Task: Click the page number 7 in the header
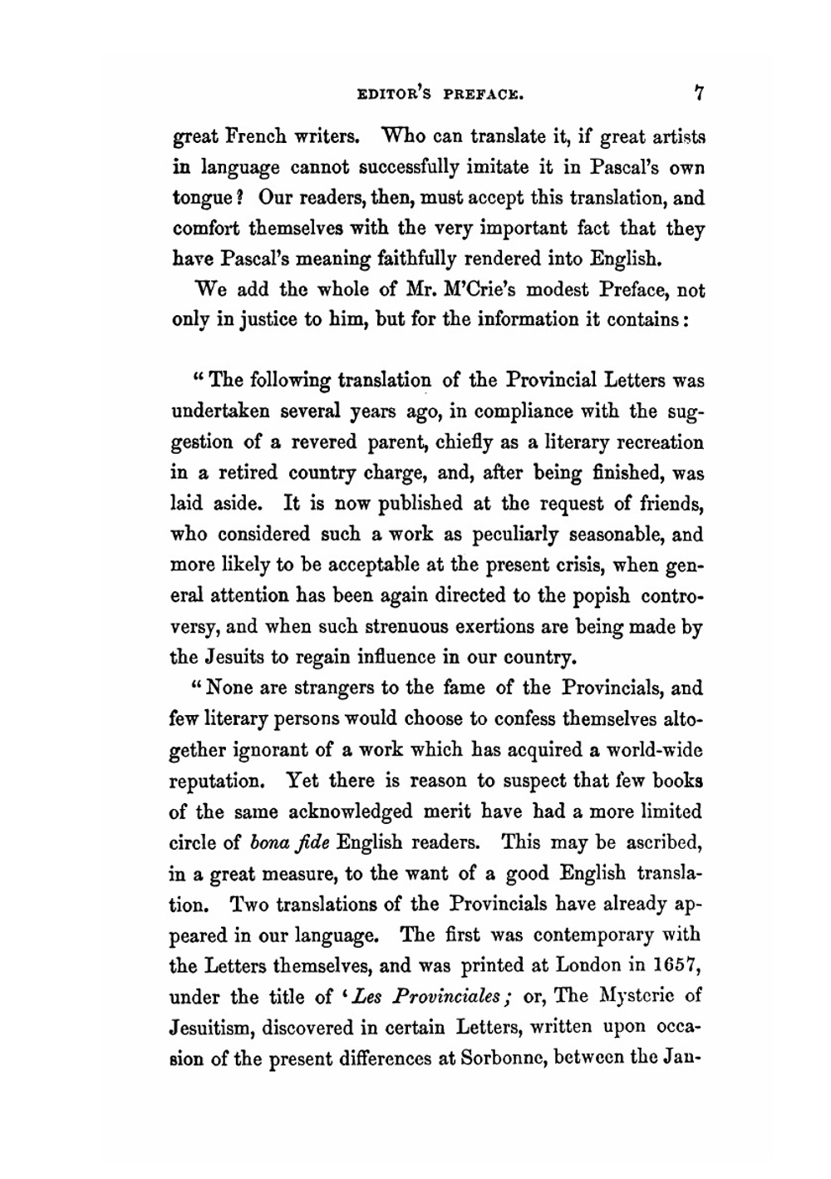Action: click(x=701, y=93)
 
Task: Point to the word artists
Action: click(x=673, y=136)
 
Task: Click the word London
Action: click(x=588, y=965)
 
